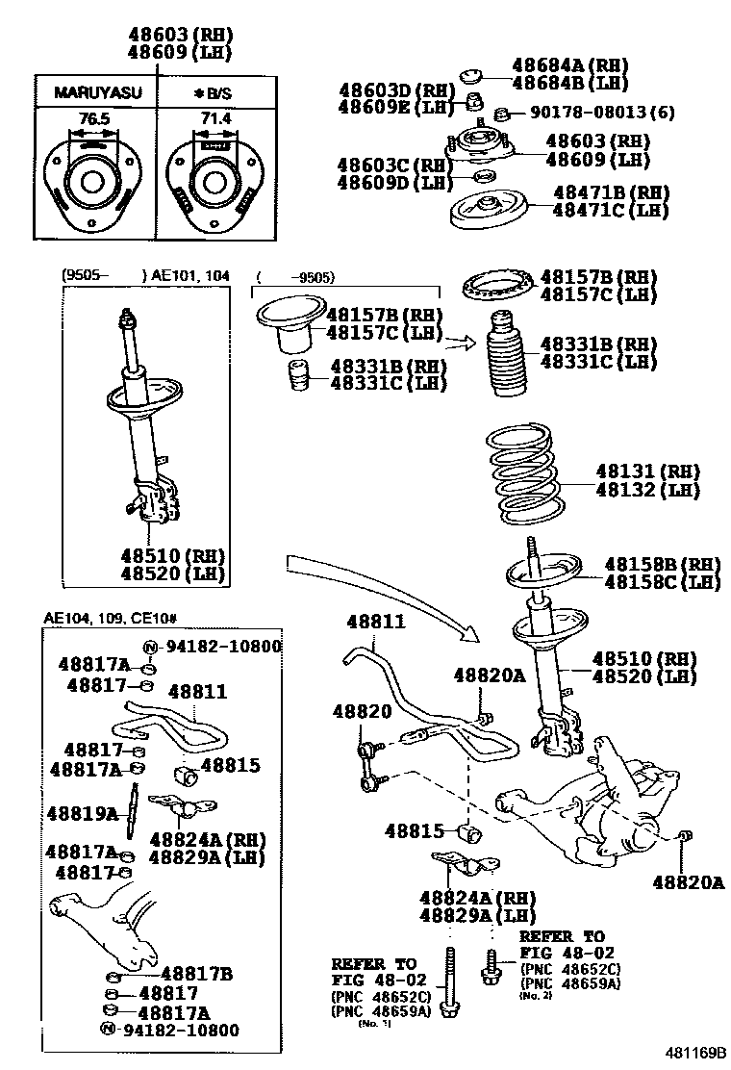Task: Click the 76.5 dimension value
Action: pyautogui.click(x=88, y=117)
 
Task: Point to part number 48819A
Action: pyautogui.click(x=85, y=814)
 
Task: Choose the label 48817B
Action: pyautogui.click(x=196, y=973)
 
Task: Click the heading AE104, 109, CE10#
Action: pyautogui.click(x=111, y=618)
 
